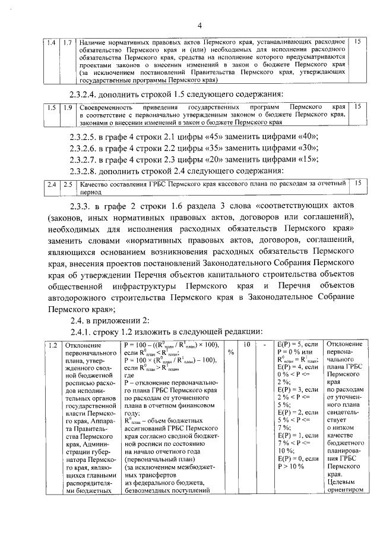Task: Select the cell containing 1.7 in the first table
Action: [x=68, y=42]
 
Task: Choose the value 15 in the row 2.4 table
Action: [x=357, y=184]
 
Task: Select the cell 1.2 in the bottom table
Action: [x=53, y=345]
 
